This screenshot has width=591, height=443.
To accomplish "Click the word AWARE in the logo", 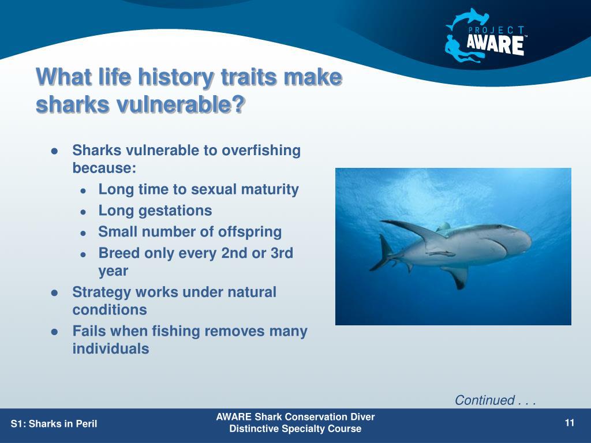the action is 495,45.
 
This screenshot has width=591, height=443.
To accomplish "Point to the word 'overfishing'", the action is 261,151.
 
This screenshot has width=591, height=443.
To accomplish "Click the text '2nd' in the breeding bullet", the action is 234,253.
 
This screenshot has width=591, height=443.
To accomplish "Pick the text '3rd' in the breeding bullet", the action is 282,253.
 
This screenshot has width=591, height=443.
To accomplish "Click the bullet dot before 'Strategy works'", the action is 55,292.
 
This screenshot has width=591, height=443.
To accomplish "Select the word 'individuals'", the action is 111,348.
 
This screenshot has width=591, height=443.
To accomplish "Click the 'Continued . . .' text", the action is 495,400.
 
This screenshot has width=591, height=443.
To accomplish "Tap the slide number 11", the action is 570,423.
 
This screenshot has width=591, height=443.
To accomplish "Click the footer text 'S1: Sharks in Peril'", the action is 54,423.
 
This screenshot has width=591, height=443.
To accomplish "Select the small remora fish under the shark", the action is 440,253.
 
